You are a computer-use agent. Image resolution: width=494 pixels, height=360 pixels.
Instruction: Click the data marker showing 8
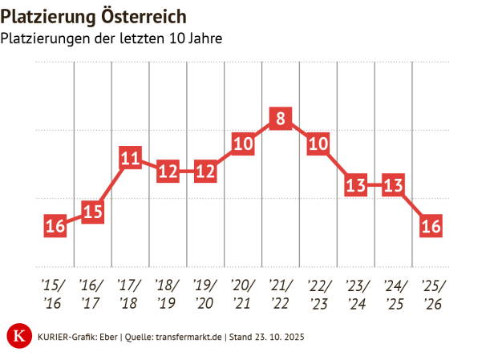pos(280,119)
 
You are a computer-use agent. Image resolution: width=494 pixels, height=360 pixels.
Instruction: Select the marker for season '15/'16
pos(55,226)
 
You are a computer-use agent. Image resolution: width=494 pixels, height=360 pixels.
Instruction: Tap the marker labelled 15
pos(92,212)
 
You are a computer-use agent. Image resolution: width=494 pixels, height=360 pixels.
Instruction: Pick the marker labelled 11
pos(130,158)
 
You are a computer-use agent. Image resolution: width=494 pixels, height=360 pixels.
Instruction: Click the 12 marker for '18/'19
pos(168,172)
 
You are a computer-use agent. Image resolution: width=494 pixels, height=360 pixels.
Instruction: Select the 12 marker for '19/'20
pos(205,172)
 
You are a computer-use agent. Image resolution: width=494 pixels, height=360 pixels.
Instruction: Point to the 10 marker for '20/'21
pos(242,144)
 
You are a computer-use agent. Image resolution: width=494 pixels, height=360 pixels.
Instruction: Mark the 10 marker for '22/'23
pos(318,144)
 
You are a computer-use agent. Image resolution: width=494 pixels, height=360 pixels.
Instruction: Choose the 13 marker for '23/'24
pos(355,185)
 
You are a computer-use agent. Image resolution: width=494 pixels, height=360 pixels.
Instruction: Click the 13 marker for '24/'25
pos(393,185)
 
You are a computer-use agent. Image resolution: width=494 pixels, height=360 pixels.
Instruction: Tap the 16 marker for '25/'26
pos(431,226)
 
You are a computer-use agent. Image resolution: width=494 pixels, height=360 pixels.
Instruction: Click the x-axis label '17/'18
pos(130,294)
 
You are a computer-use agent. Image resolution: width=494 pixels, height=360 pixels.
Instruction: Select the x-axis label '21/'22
pos(280,294)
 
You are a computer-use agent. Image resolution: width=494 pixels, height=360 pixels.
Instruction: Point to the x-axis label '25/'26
pos(431,294)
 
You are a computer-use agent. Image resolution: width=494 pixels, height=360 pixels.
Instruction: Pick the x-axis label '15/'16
pos(55,294)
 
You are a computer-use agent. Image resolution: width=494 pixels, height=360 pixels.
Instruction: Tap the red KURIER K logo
pos(18,336)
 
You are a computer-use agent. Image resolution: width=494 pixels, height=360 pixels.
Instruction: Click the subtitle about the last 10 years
pos(111,38)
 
